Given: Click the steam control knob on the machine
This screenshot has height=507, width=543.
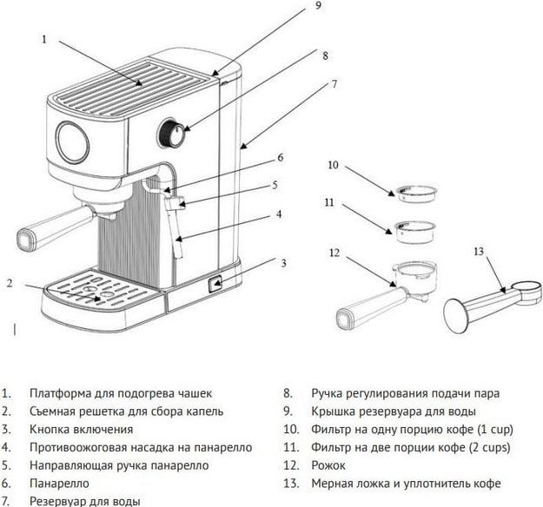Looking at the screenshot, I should [174, 135].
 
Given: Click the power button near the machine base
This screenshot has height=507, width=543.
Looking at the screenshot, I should [215, 283].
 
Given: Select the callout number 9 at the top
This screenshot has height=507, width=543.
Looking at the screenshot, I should [317, 6].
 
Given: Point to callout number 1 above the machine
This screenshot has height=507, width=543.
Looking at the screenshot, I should [43, 39].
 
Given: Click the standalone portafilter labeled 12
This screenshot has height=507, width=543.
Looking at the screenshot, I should [382, 291].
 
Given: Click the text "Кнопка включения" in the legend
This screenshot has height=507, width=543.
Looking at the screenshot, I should [81, 429].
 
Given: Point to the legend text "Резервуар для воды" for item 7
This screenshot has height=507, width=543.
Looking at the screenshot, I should [85, 501].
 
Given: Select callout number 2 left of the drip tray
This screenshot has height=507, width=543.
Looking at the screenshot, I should [9, 282].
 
